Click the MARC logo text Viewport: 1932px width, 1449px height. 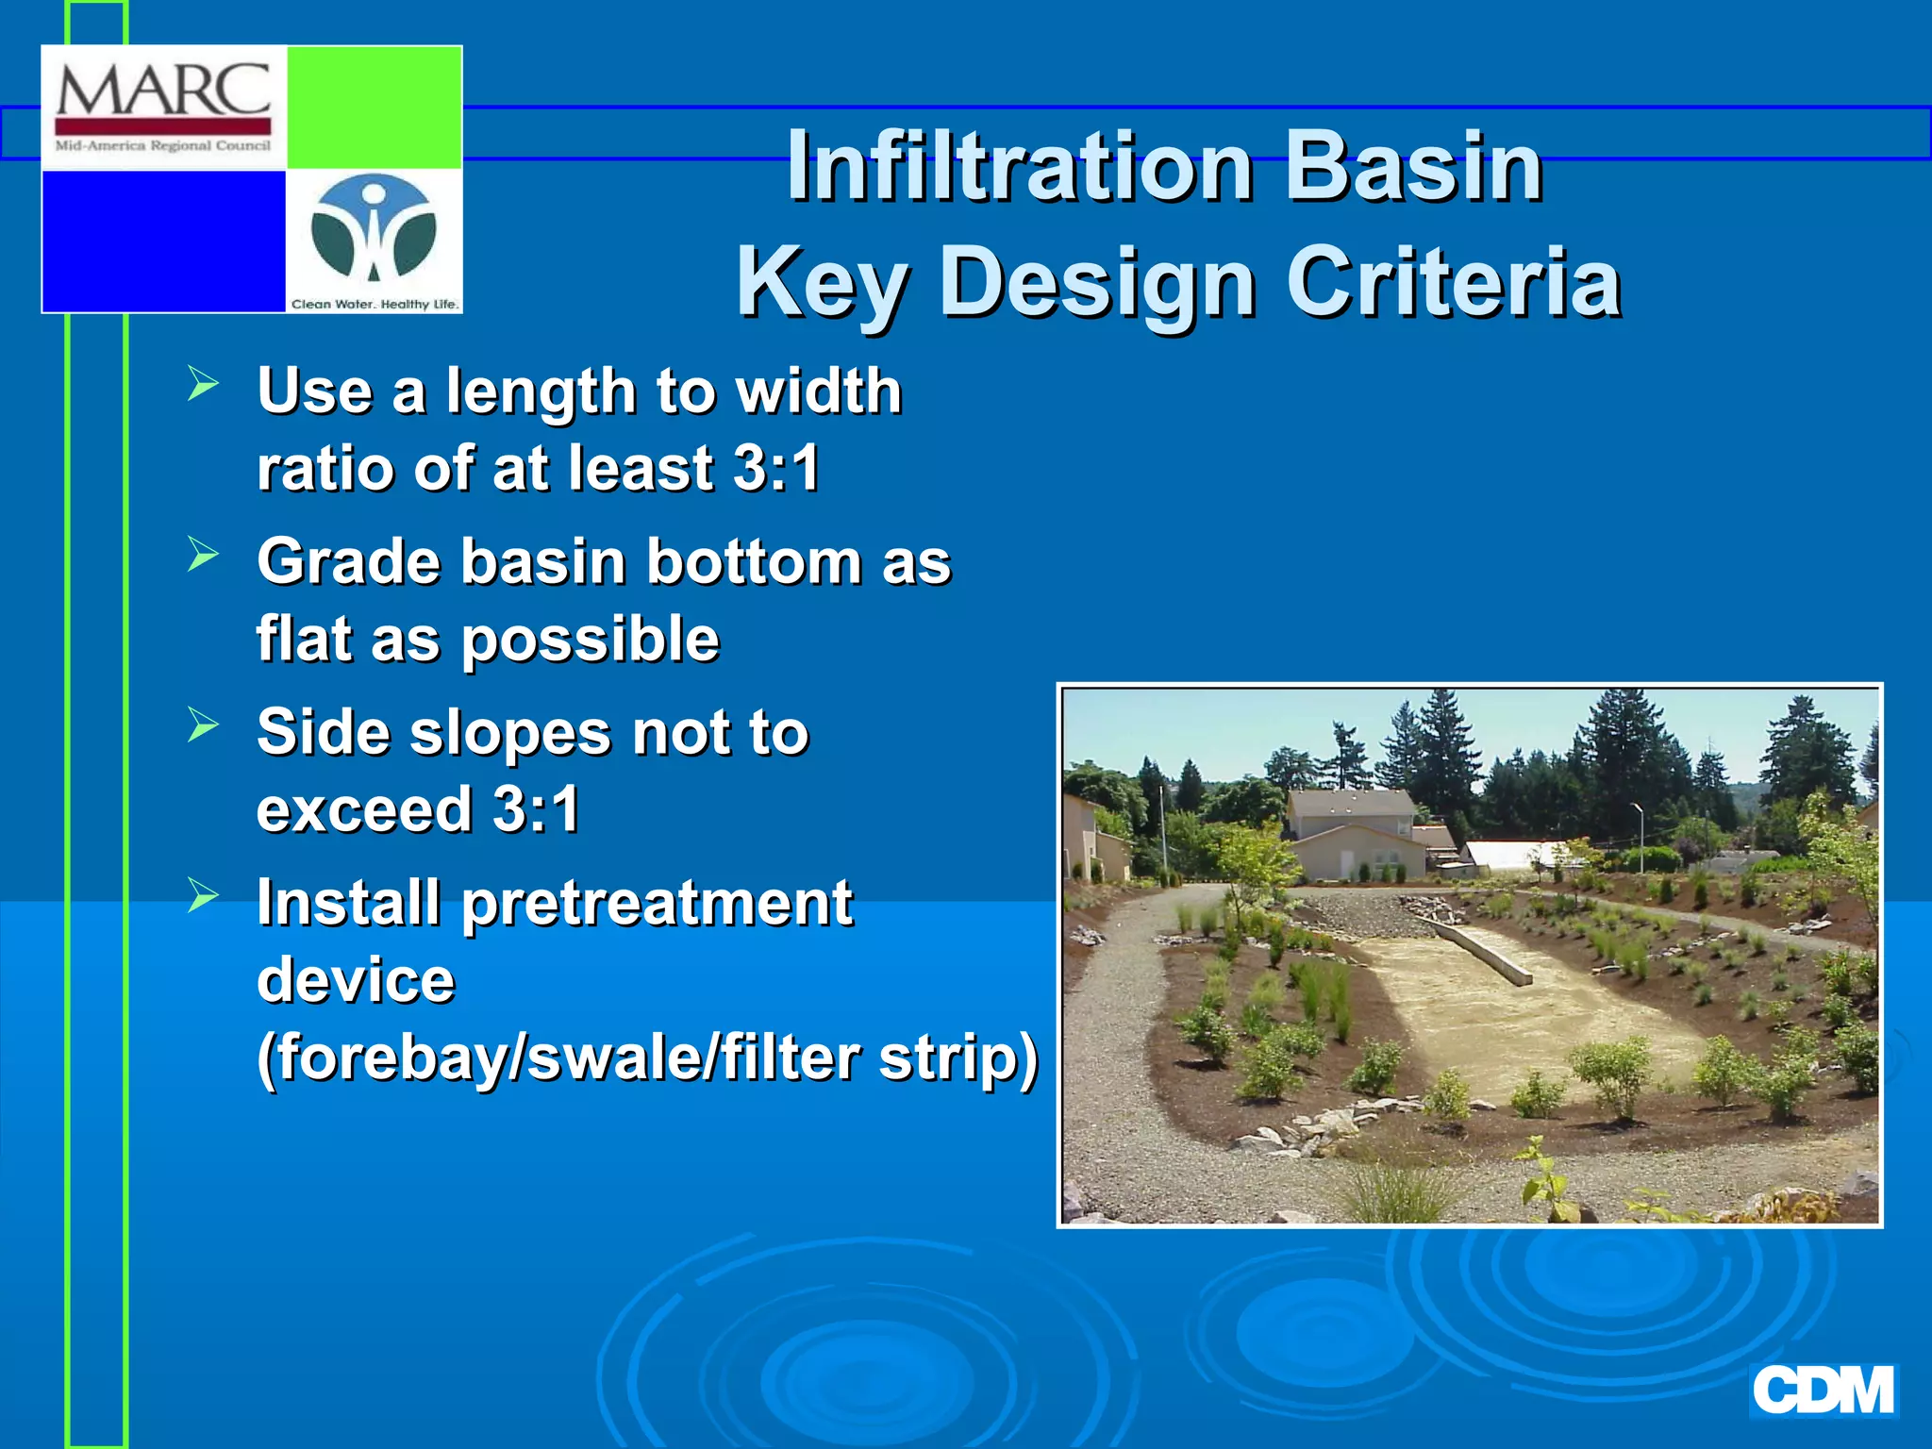pos(163,92)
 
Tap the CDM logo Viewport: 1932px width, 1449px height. pos(1823,1391)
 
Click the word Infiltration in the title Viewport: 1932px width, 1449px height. pos(1020,166)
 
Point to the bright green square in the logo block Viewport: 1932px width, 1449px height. pos(374,107)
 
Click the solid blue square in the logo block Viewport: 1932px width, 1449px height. pos(163,240)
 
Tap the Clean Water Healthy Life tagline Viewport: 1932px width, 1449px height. pos(375,304)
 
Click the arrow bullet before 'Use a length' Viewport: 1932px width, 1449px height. pos(202,384)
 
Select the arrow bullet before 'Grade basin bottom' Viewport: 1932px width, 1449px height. pos(202,554)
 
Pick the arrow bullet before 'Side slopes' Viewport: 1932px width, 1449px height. pos(202,724)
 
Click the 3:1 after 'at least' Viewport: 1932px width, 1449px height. pos(775,468)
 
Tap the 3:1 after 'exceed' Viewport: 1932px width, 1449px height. pos(536,809)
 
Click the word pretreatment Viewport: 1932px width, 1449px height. pos(657,904)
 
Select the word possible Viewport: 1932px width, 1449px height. pos(591,640)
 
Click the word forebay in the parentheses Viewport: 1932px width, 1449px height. pos(389,1057)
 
